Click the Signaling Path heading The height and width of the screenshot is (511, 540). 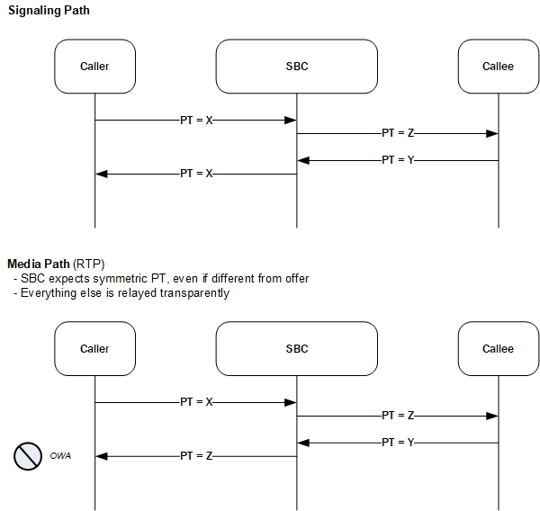(49, 10)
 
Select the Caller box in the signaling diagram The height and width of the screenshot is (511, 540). (94, 67)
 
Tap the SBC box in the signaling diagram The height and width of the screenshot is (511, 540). (296, 67)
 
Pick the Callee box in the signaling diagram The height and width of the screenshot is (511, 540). (498, 67)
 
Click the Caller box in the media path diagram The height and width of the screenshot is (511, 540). (94, 349)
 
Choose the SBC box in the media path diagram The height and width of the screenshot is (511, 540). (296, 349)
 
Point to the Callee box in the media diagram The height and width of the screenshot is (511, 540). (498, 349)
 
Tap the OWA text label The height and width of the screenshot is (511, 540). (60, 456)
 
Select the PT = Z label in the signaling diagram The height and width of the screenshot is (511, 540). (397, 133)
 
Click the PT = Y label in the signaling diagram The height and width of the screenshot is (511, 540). (397, 160)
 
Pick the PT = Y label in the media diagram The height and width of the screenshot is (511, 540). (397, 443)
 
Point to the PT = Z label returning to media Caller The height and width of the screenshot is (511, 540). (196, 456)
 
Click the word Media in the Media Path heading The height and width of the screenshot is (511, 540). (24, 264)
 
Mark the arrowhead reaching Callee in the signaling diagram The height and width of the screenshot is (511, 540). (492, 133)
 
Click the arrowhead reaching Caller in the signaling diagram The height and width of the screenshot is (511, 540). (102, 174)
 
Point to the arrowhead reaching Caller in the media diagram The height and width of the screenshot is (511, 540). (102, 456)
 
